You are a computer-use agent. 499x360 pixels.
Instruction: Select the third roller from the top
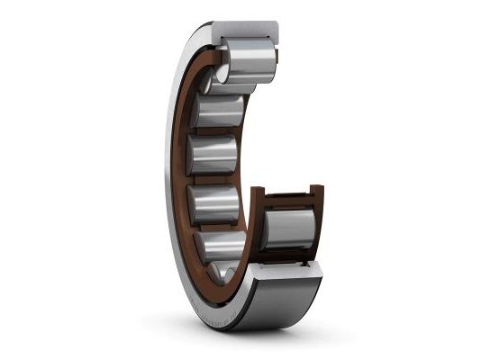coord(219,112)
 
